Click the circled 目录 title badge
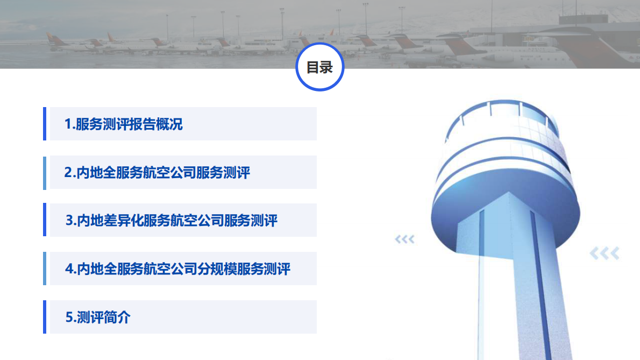[320, 67]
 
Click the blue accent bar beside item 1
[45, 124]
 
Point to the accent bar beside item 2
[45, 172]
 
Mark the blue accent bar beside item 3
[45, 220]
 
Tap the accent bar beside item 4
[45, 269]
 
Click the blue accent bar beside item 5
[45, 317]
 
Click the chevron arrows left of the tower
[405, 239]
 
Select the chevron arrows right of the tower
[605, 253]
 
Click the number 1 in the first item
[68, 124]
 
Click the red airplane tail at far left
[51, 38]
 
